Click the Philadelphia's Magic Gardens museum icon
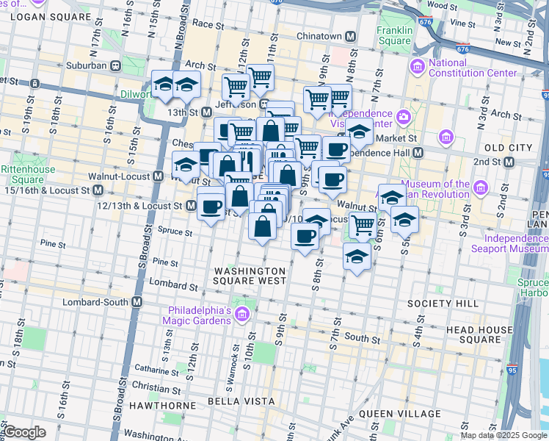click(x=242, y=315)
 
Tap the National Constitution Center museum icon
click(x=418, y=68)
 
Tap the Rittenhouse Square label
click(x=23, y=174)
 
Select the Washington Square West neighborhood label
click(x=250, y=276)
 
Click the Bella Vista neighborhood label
click(x=241, y=401)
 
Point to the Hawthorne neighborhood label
click(x=150, y=405)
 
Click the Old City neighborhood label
click(x=503, y=148)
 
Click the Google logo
click(x=25, y=432)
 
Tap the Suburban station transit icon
click(x=115, y=65)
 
